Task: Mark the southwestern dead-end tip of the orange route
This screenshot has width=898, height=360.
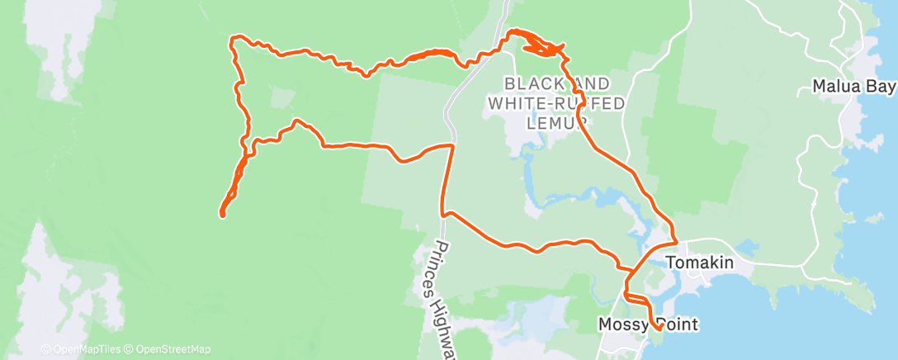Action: (222, 215)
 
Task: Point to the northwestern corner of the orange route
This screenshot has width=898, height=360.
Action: (234, 39)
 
